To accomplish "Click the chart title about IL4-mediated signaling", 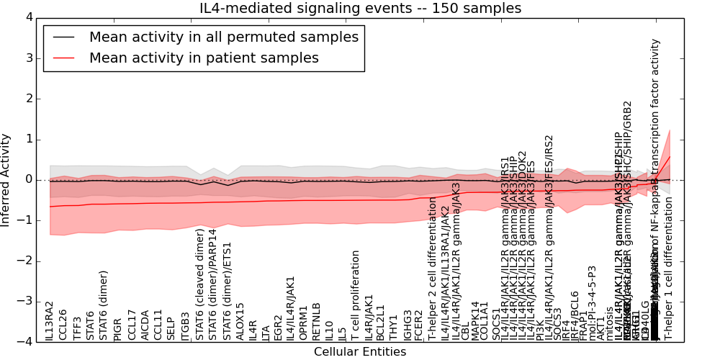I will pos(360,8).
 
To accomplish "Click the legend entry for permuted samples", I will pos(223,37).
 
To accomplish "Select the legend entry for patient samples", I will pos(204,58).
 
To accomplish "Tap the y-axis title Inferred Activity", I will pos(6,180).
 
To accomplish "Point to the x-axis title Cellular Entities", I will pos(360,352).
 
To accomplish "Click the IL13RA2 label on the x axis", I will pos(50,321).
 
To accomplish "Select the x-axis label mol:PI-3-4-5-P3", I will pos(593,303).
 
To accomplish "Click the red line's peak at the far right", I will pos(670,157).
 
